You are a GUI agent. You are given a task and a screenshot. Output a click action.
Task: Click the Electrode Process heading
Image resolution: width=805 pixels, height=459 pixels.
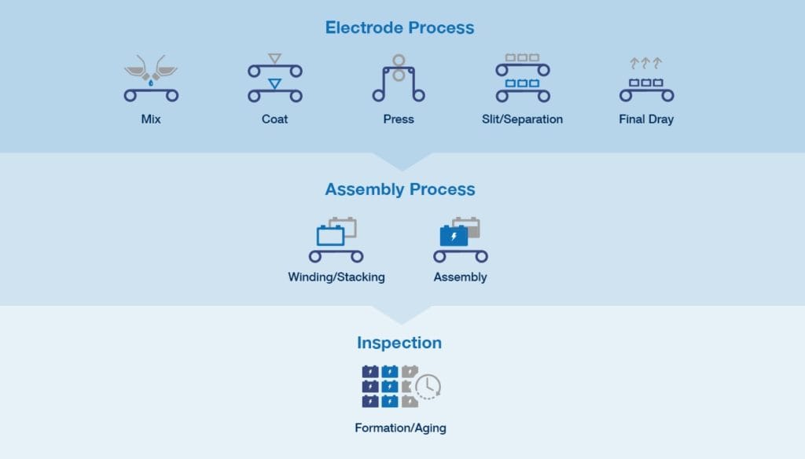(399, 28)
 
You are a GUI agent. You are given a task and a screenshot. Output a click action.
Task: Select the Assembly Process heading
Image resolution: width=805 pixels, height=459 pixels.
(399, 189)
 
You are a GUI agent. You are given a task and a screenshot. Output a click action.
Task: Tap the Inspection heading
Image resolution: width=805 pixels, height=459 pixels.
(399, 343)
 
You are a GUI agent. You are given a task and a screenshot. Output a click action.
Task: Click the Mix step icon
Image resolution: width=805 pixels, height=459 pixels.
(151, 79)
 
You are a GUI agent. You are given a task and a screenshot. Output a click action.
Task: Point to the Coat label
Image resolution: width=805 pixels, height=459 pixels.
(274, 119)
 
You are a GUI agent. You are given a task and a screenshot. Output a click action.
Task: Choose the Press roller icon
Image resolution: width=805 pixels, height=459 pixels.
(399, 79)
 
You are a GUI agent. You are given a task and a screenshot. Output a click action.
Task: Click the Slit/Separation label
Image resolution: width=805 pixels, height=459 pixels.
(522, 119)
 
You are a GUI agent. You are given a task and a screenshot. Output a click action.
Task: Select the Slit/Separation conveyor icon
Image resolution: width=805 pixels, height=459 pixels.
(522, 79)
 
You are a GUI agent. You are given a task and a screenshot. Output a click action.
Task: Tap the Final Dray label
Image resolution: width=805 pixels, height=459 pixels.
(646, 119)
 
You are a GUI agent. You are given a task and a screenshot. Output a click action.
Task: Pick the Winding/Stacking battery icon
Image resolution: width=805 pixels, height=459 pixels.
(336, 240)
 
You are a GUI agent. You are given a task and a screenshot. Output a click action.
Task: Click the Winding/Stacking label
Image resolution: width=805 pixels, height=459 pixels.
(336, 277)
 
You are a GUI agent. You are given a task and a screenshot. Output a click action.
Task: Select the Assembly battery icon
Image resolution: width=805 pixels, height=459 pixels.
(460, 240)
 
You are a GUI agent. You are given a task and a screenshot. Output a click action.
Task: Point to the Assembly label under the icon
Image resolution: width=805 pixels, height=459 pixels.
(460, 277)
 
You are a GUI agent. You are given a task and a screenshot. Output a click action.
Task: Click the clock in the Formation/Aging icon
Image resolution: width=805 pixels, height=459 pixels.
(428, 386)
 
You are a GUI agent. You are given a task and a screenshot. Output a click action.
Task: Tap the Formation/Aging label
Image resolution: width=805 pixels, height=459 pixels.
(400, 428)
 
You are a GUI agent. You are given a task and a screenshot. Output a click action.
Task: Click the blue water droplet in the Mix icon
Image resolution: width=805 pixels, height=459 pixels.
(151, 81)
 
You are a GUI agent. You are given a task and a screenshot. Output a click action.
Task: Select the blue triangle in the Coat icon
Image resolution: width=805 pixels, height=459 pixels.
(274, 83)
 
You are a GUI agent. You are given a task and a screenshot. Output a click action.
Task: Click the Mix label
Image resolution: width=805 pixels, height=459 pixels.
(151, 119)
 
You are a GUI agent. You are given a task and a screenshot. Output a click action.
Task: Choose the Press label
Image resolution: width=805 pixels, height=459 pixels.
(399, 119)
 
